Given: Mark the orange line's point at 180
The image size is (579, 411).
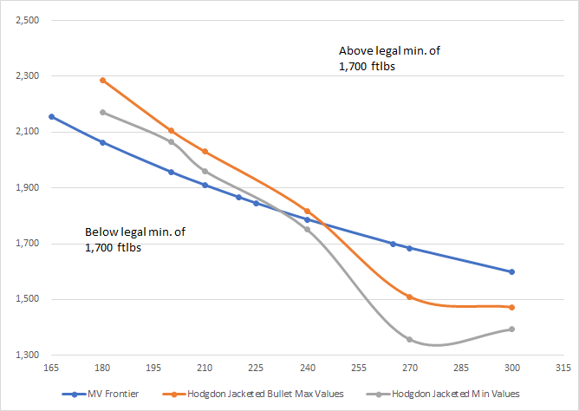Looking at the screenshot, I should coord(103,81).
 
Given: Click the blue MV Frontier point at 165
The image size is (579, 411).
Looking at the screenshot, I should coord(52,116).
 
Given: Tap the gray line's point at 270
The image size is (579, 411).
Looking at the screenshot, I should coord(409,339).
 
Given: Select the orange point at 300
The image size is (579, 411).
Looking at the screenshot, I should coord(512,307).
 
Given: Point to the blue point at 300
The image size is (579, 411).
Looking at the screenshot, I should coord(512,271).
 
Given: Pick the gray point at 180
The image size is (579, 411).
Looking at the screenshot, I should coord(103,112).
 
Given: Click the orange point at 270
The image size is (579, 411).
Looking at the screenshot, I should coord(409,297).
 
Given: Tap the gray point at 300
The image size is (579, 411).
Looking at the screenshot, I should coord(512,329).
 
